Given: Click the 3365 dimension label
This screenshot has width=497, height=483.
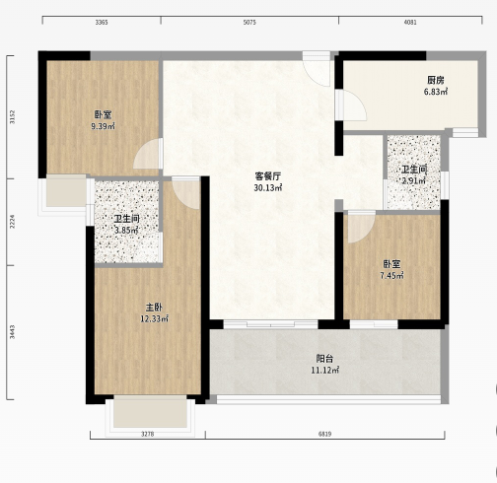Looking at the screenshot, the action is click(x=102, y=23).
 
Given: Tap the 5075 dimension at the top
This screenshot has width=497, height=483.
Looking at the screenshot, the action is click(x=249, y=23).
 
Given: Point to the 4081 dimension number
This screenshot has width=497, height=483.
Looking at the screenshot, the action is click(x=410, y=23).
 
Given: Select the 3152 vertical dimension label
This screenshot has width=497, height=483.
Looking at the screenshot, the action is click(x=12, y=117).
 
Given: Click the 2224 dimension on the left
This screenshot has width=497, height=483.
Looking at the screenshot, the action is click(x=12, y=222).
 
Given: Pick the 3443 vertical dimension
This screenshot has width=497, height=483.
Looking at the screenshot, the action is click(x=12, y=332).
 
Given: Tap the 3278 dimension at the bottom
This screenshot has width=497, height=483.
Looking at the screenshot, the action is click(x=148, y=434).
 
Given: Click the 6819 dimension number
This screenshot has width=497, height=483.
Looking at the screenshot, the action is click(x=324, y=434).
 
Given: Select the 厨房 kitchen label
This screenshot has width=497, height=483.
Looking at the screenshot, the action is click(x=436, y=80).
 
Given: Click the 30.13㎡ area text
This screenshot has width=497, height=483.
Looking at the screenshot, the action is click(x=268, y=188).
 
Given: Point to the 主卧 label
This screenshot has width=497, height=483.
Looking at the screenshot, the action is click(x=154, y=308).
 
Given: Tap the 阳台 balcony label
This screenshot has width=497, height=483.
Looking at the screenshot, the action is click(x=324, y=359).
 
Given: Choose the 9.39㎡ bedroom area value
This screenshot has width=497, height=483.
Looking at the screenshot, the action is click(x=103, y=126).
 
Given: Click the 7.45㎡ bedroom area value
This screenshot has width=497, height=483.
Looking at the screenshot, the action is click(x=391, y=275).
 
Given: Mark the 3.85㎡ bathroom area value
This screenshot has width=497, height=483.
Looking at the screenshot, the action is click(x=126, y=231).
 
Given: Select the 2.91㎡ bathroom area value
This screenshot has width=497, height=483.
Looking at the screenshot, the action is click(x=414, y=180).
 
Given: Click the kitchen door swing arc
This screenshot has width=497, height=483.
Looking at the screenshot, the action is click(x=355, y=105).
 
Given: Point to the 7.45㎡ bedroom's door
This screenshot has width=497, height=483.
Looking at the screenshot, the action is click(x=361, y=228).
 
